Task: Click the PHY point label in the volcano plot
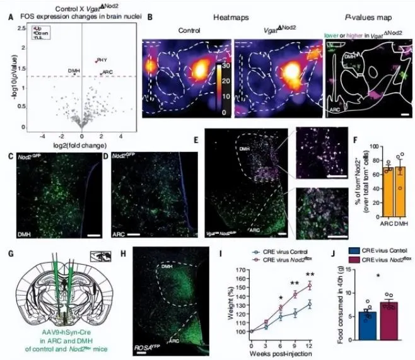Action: (103, 59)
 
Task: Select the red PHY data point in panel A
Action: (96, 61)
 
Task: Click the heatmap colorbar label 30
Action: (225, 66)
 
